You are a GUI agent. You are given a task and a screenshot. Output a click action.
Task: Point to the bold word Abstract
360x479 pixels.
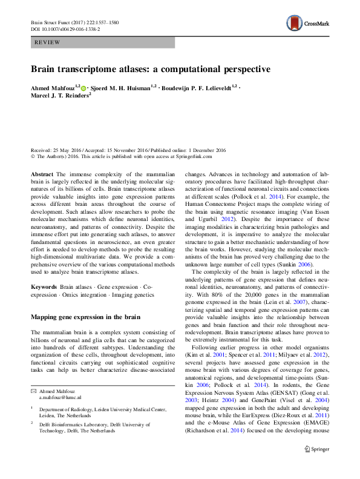(41, 173)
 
